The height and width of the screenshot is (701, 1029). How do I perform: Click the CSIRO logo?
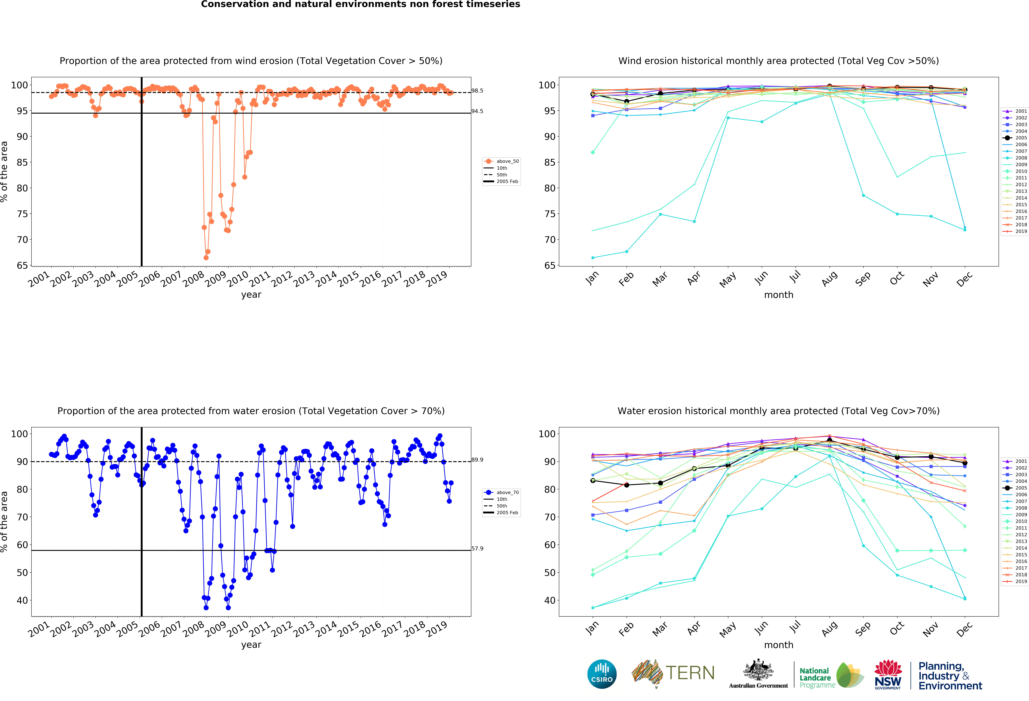(602, 674)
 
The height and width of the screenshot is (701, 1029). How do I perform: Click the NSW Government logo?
(888, 675)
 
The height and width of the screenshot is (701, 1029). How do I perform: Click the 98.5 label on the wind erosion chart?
(477, 91)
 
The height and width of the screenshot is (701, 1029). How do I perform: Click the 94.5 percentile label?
(477, 111)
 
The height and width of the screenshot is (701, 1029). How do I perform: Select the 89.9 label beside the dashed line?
(477, 460)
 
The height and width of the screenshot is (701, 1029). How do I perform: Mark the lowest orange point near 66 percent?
(206, 258)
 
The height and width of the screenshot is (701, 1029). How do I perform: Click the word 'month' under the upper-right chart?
(778, 295)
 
